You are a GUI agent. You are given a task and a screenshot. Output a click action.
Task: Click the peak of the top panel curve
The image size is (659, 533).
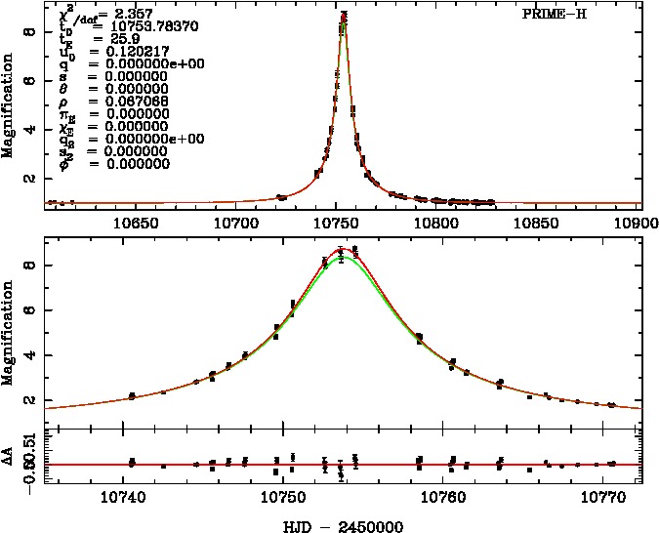344,17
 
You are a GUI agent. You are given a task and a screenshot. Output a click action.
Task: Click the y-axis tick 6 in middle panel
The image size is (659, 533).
32,310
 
